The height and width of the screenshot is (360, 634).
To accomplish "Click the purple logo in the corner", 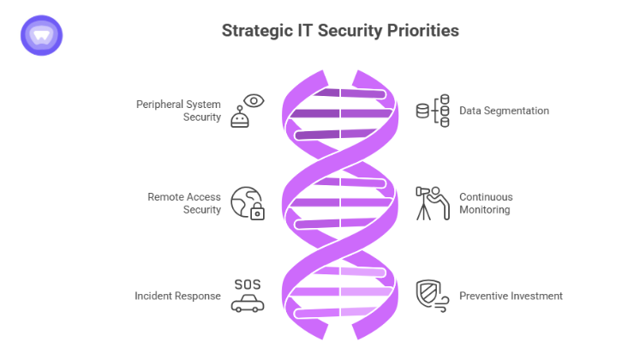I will coord(41,35).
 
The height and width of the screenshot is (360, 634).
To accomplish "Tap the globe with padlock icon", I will coord(248,203).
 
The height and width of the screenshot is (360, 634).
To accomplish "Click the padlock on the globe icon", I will coord(256,211).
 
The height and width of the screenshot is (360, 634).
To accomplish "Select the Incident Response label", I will coord(177,296).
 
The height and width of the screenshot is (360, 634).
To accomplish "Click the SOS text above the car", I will coord(247,284).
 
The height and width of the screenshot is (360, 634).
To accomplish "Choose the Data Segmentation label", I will coord(504,111).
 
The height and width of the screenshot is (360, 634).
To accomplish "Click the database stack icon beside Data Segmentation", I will coord(433,111).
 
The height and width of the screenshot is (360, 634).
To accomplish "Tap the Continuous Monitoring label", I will coord(486,203).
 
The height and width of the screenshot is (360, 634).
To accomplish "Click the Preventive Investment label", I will coord(511,296).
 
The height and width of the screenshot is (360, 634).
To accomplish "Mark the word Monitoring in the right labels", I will coord(486,210).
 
